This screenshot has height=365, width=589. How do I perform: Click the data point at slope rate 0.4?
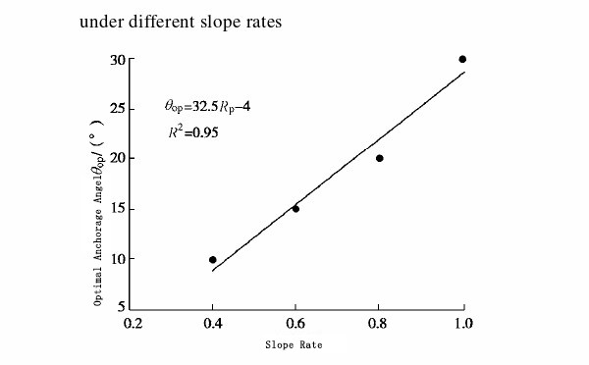(x=212, y=260)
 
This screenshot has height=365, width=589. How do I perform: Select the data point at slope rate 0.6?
(x=295, y=208)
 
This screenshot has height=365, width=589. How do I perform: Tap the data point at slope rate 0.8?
(x=379, y=158)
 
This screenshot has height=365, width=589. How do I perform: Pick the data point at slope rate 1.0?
(x=462, y=59)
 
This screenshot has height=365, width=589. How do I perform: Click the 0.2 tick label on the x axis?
(x=131, y=322)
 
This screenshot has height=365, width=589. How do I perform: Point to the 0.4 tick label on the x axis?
(x=213, y=322)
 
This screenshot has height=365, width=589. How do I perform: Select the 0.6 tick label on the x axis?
(x=296, y=322)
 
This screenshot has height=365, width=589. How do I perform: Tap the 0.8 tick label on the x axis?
(x=379, y=322)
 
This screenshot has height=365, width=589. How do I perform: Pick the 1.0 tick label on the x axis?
(x=463, y=322)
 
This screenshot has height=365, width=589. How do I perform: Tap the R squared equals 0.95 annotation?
(x=193, y=130)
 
